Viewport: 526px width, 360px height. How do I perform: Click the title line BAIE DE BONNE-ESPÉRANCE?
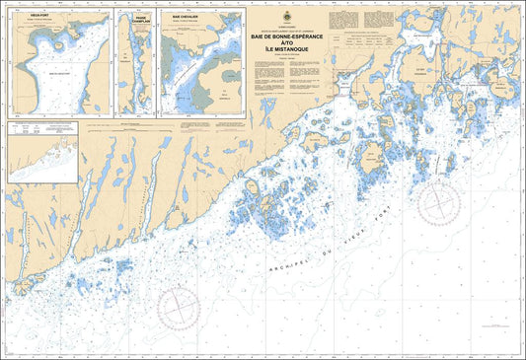point(293,36)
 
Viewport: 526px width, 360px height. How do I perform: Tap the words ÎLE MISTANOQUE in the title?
point(293,52)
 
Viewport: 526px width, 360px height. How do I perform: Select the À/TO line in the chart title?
point(293,44)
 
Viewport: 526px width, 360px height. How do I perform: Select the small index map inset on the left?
point(42,153)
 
